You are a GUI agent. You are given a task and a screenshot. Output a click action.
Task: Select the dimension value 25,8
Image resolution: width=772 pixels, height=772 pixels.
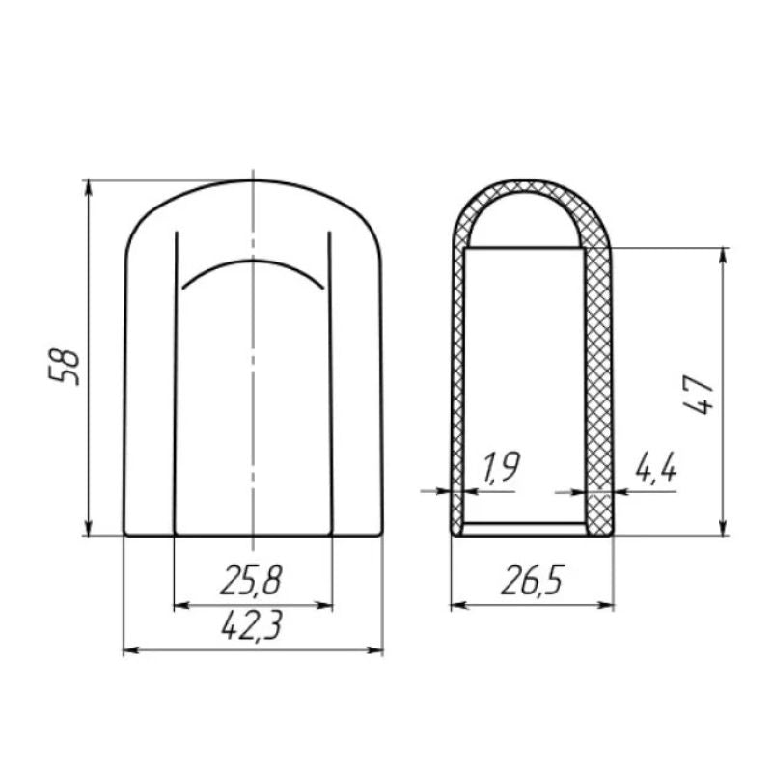(x=252, y=581)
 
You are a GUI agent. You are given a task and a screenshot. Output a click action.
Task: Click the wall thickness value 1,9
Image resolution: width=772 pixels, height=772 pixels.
(x=499, y=469)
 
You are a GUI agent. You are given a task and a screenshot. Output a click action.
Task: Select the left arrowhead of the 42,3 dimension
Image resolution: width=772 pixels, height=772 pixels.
(x=131, y=650)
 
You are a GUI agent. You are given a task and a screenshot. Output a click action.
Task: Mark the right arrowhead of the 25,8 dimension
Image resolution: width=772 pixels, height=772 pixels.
(x=325, y=606)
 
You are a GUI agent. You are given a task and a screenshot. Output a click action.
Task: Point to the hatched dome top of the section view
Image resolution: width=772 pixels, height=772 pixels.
(x=533, y=186)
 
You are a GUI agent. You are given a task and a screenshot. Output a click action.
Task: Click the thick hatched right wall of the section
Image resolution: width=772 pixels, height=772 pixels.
(x=598, y=386)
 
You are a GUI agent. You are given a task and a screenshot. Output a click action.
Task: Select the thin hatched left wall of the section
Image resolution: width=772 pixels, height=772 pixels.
(x=459, y=386)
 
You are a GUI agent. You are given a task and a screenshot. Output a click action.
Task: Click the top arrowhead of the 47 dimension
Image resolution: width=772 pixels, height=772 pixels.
(x=722, y=255)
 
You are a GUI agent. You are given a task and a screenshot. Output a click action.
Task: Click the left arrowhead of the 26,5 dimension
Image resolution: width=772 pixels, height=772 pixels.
(x=459, y=606)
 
